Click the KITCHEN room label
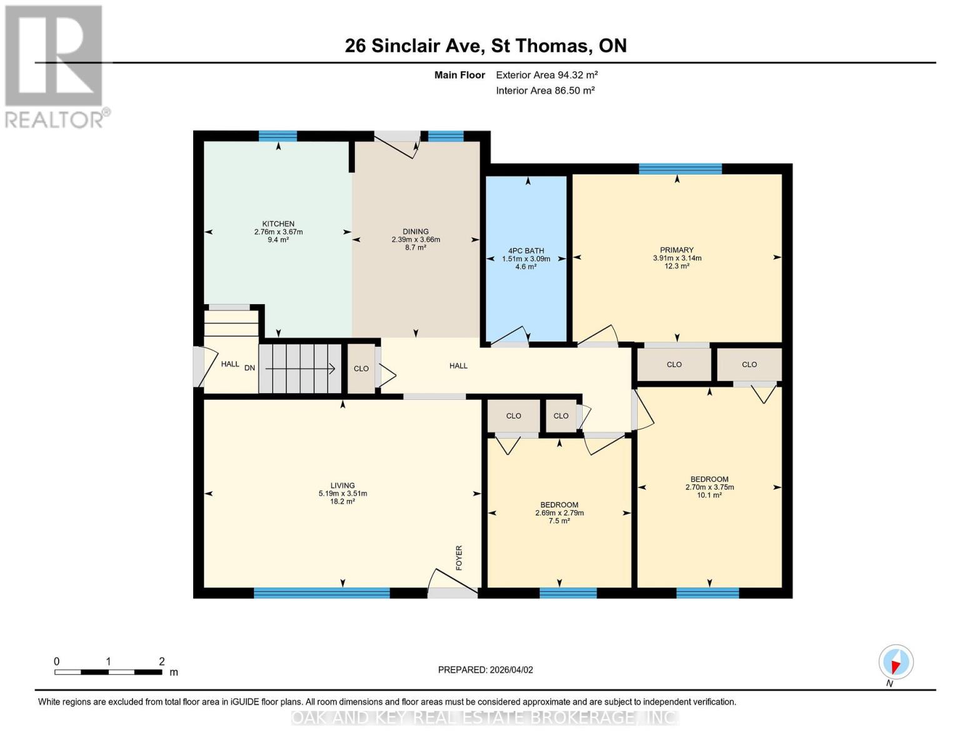point(278,223)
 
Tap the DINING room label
point(416,231)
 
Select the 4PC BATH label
point(526,250)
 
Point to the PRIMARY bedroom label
point(677,250)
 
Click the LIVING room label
point(343,485)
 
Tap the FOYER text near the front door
point(459,558)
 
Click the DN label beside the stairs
point(249,368)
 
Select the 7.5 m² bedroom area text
point(559,521)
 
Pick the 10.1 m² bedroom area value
point(709,495)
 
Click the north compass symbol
point(896,662)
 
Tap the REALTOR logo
point(55,66)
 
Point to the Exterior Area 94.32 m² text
point(546,74)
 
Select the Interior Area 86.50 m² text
point(545,90)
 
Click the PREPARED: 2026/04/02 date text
point(485,670)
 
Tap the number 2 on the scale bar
point(162,662)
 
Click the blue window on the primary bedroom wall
point(680,168)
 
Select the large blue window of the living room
point(321,593)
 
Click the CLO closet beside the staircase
point(361,369)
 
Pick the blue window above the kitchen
point(278,136)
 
